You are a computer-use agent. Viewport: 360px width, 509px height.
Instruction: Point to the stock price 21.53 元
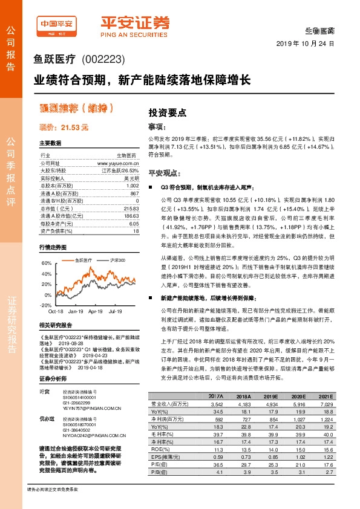pyautogui.click(x=64, y=128)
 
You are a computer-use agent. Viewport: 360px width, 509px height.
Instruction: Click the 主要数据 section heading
pyautogui.click(x=50, y=143)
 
